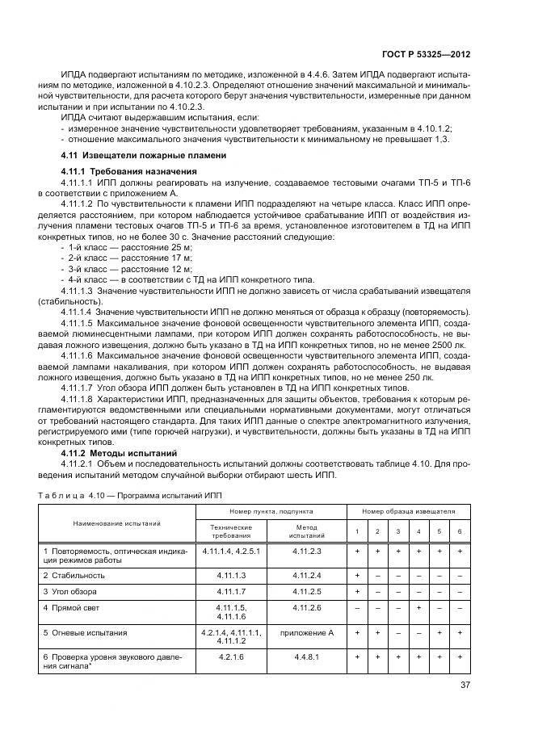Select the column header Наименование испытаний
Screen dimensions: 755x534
tap(116, 523)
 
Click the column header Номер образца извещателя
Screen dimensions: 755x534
tap(408, 512)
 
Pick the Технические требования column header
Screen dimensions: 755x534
tap(231, 531)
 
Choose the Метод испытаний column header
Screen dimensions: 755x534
tap(307, 531)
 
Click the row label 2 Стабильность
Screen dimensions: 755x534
tap(74, 575)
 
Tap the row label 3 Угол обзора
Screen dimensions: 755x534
tap(74, 591)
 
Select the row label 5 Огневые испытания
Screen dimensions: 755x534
tap(85, 632)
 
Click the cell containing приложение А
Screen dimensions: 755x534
tap(307, 632)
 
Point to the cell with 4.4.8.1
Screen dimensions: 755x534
tap(307, 657)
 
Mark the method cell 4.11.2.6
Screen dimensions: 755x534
tap(307, 606)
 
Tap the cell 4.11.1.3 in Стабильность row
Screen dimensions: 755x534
tap(231, 575)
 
